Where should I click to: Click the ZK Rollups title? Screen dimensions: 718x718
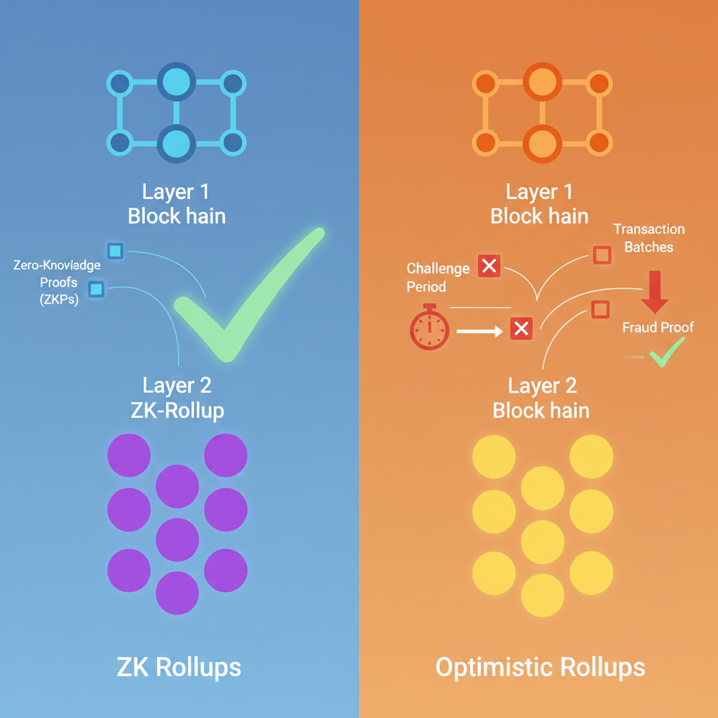coord(179,667)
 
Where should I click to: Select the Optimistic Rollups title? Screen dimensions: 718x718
coord(540,667)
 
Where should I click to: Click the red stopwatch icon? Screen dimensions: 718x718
coord(429,327)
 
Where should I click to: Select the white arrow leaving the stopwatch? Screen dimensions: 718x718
coord(480,330)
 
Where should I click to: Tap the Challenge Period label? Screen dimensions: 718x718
coord(438,278)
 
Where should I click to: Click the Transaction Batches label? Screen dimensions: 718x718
coord(649,238)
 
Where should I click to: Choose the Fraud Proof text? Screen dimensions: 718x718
coord(658,327)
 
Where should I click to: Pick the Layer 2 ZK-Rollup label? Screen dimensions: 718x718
coord(177,397)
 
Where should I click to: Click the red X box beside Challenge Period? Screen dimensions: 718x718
coord(489,266)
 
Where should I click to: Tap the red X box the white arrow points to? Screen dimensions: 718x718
coord(521,328)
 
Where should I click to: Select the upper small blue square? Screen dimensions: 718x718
coord(115,251)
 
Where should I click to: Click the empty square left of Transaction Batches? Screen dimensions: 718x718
coord(602,255)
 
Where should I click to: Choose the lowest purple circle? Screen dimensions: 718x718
coord(177,593)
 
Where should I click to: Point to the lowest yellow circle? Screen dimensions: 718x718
coord(543,595)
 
